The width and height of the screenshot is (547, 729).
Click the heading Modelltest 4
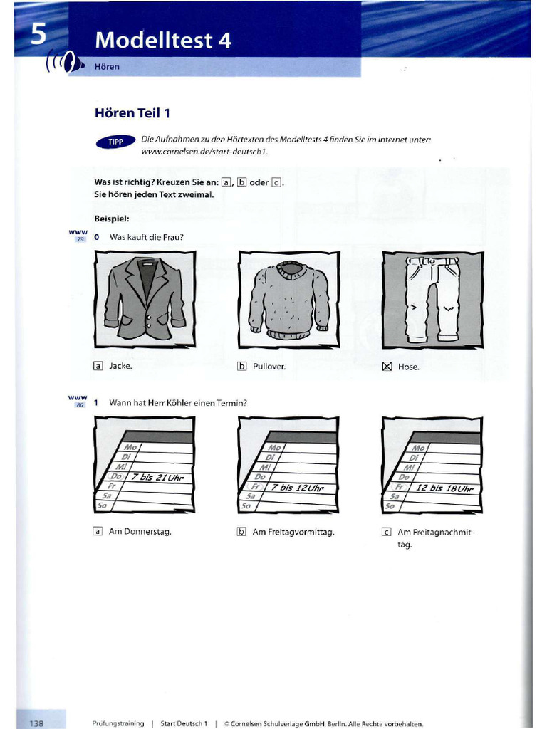coord(164,41)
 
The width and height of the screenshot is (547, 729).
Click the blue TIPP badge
coord(115,142)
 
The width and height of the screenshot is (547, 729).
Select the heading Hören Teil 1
coord(132,112)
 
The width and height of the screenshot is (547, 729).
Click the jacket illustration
coord(145,299)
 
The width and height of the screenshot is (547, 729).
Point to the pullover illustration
coord(288,299)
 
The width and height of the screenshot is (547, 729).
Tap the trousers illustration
coord(432,299)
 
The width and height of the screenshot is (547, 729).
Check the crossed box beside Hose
coord(387,367)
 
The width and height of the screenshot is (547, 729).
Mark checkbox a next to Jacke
coord(98,366)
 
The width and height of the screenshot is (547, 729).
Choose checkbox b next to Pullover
coord(242,367)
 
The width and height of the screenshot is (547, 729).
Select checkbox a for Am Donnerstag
coord(98,531)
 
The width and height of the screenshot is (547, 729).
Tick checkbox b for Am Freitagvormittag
coord(242,532)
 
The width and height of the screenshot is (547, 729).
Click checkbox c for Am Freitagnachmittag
coord(387,532)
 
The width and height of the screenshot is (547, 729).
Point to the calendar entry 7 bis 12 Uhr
coord(298,488)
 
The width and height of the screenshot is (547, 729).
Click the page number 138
coord(37,723)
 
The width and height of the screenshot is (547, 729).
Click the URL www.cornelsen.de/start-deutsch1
coord(204,152)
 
